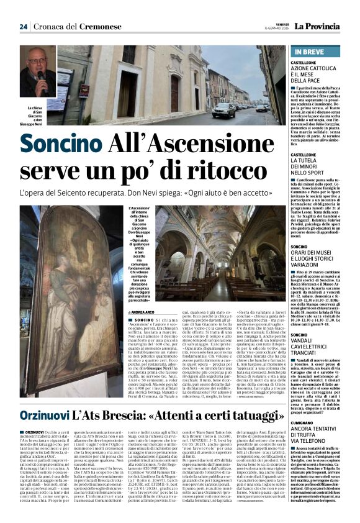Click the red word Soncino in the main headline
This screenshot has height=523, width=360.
pyautogui.click(x=54, y=147)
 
